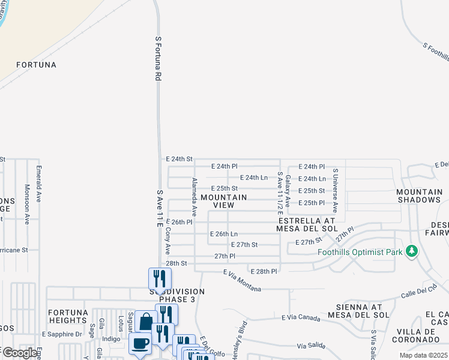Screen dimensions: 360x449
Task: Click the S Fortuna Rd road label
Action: (159, 58)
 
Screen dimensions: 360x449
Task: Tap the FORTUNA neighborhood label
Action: (36, 65)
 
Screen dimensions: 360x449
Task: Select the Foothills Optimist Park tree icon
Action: (411, 251)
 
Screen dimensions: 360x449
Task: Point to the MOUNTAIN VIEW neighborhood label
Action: (224, 201)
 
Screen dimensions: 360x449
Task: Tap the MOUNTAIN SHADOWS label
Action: (418, 196)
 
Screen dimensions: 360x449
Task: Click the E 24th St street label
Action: (179, 159)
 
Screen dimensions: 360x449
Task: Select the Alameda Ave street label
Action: (194, 197)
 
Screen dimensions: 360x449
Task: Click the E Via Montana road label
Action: (242, 281)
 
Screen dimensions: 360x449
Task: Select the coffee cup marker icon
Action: (140, 343)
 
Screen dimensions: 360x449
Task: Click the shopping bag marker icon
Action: (146, 322)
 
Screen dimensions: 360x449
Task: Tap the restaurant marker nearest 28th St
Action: (160, 278)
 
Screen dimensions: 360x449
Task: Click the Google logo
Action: (20, 353)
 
